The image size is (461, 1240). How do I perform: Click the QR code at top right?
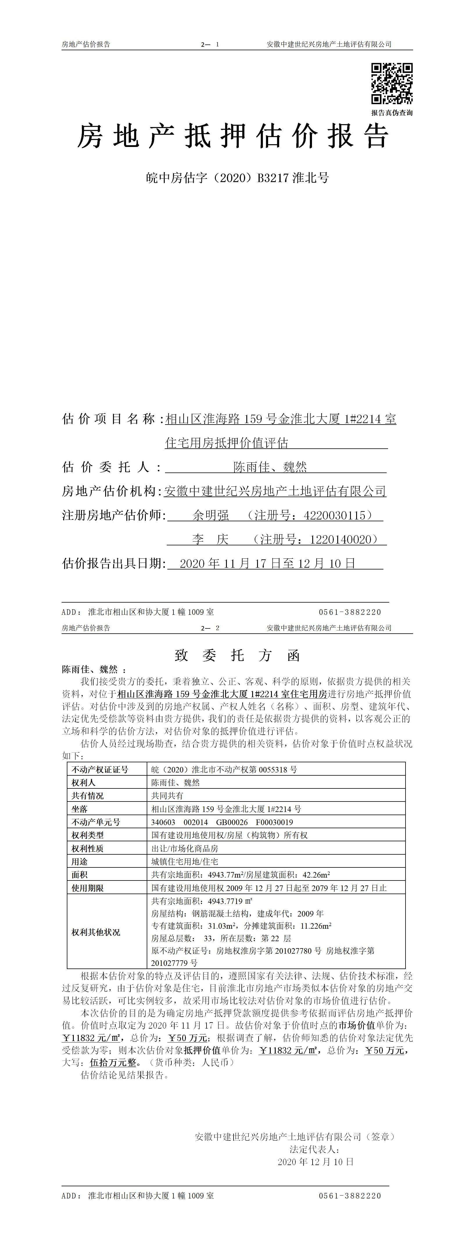(x=391, y=83)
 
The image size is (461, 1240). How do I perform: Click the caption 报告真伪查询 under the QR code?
(x=391, y=113)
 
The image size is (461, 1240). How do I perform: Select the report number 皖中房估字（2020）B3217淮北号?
(x=238, y=178)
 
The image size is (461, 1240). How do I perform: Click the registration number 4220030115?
(x=335, y=515)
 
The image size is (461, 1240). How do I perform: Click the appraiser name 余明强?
(x=211, y=515)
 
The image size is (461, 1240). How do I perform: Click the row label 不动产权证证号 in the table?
(x=100, y=769)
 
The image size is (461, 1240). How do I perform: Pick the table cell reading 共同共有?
(x=167, y=796)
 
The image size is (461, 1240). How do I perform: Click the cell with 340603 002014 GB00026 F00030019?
(x=222, y=822)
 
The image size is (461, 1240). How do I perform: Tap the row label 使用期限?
(x=88, y=888)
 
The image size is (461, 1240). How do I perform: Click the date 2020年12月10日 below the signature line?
(x=315, y=1162)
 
